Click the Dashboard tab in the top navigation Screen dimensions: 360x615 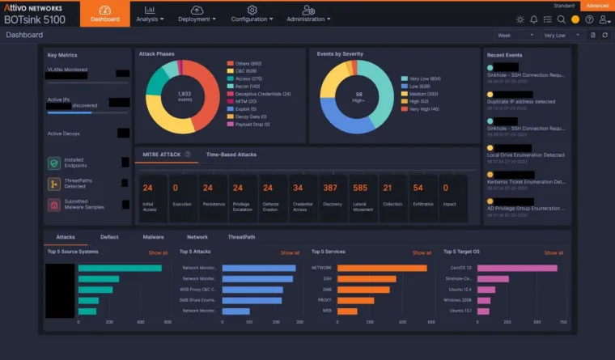point(104,14)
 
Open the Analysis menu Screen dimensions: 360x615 point(150,14)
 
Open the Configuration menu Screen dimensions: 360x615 point(252,14)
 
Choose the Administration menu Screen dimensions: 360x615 point(308,14)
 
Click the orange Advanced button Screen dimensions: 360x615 point(598,6)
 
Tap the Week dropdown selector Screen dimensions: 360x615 point(515,36)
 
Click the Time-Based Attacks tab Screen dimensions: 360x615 point(231,154)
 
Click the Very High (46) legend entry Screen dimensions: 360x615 point(423,108)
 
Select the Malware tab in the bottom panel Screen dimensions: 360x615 point(153,237)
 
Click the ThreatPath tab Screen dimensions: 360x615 point(241,237)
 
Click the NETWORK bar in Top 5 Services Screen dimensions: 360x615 point(381,268)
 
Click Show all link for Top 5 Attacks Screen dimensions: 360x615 point(290,252)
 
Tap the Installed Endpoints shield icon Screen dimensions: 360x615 point(53,163)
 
